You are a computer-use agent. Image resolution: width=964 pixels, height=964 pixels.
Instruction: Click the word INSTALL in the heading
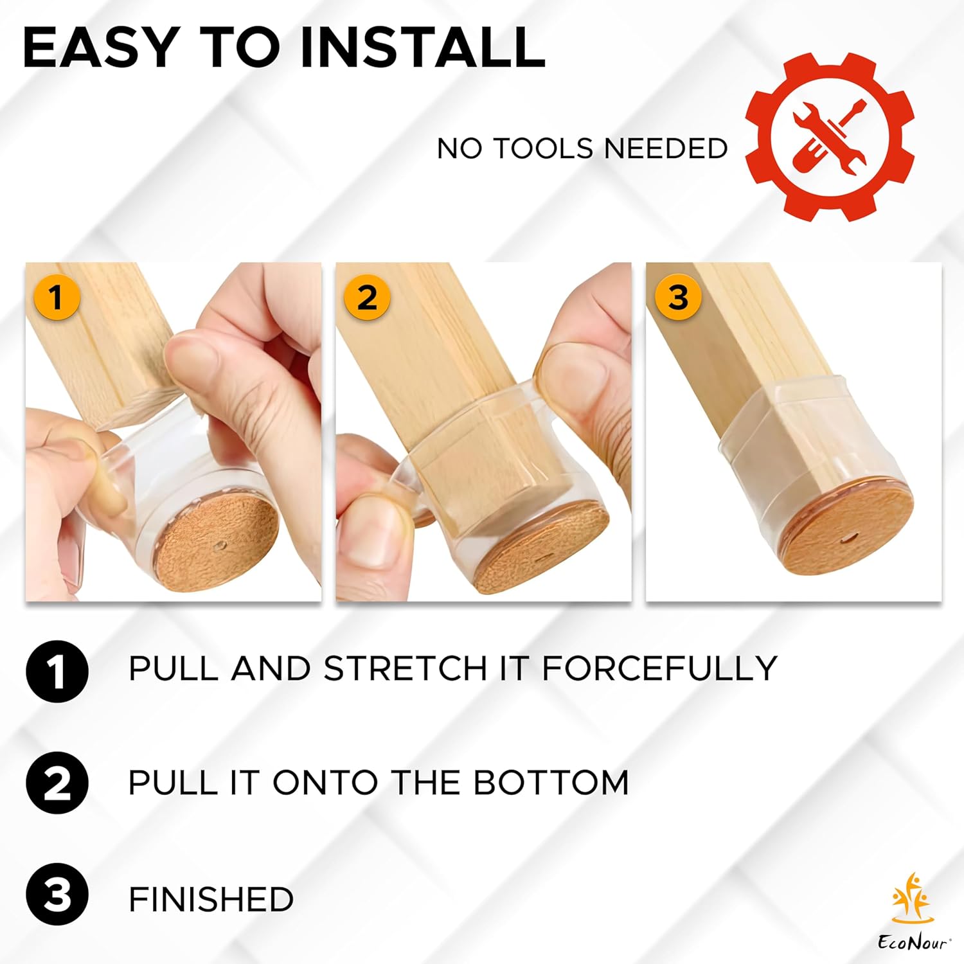(x=423, y=48)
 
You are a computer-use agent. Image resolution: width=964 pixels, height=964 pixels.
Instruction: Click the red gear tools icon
(x=830, y=137)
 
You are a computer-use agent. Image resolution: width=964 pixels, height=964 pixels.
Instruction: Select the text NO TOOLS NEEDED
(x=582, y=148)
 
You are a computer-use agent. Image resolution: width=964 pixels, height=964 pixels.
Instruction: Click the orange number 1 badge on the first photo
(x=56, y=298)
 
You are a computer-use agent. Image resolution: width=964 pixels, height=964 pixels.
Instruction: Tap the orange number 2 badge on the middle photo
(x=367, y=298)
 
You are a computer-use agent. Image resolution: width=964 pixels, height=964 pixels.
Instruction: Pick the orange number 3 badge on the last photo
(x=678, y=298)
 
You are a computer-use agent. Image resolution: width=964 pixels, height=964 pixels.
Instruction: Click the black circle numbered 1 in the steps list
(x=57, y=671)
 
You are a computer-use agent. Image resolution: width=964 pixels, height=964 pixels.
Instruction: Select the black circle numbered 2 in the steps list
(x=57, y=783)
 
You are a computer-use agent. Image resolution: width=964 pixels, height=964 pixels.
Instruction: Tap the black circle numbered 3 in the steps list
(x=57, y=894)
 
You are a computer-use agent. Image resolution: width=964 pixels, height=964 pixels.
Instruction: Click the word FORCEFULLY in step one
(x=660, y=668)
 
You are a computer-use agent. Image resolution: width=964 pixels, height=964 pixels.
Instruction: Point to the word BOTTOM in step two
(x=551, y=782)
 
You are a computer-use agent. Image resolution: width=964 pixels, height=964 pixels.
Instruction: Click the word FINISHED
(x=211, y=899)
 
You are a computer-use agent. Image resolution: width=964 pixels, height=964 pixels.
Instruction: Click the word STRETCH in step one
(x=406, y=668)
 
